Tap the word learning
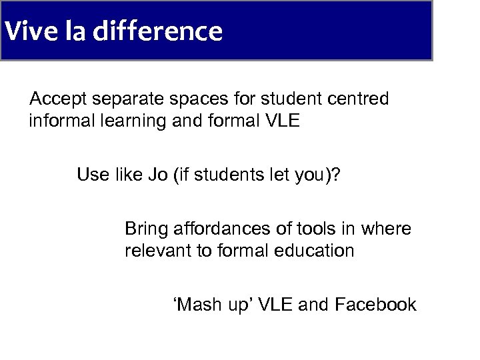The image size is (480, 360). [x=134, y=122]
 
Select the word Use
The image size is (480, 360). [x=92, y=175]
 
